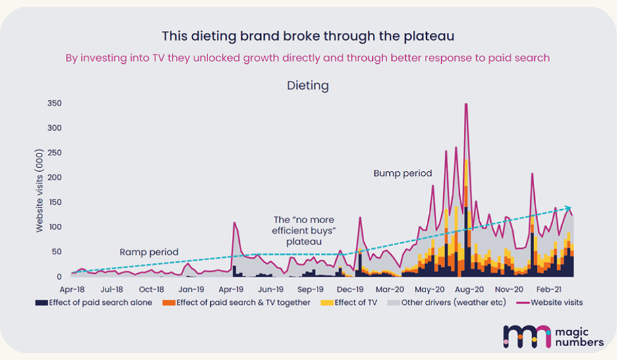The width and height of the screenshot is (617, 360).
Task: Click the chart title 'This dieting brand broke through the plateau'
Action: pyautogui.click(x=308, y=36)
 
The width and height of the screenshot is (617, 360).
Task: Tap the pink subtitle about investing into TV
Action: pyautogui.click(x=307, y=58)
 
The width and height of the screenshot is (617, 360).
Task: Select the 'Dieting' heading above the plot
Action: pyautogui.click(x=307, y=85)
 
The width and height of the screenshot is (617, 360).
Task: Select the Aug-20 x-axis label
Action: pyautogui.click(x=469, y=289)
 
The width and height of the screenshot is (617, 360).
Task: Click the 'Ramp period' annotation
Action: pyautogui.click(x=149, y=252)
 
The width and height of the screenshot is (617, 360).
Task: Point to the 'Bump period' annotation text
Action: pyautogui.click(x=403, y=173)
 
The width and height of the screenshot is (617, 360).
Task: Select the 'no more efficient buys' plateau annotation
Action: pyautogui.click(x=303, y=231)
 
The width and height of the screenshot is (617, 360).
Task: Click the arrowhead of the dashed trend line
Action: pyautogui.click(x=569, y=208)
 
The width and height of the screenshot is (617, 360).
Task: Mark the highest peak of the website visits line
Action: pyautogui.click(x=466, y=104)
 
